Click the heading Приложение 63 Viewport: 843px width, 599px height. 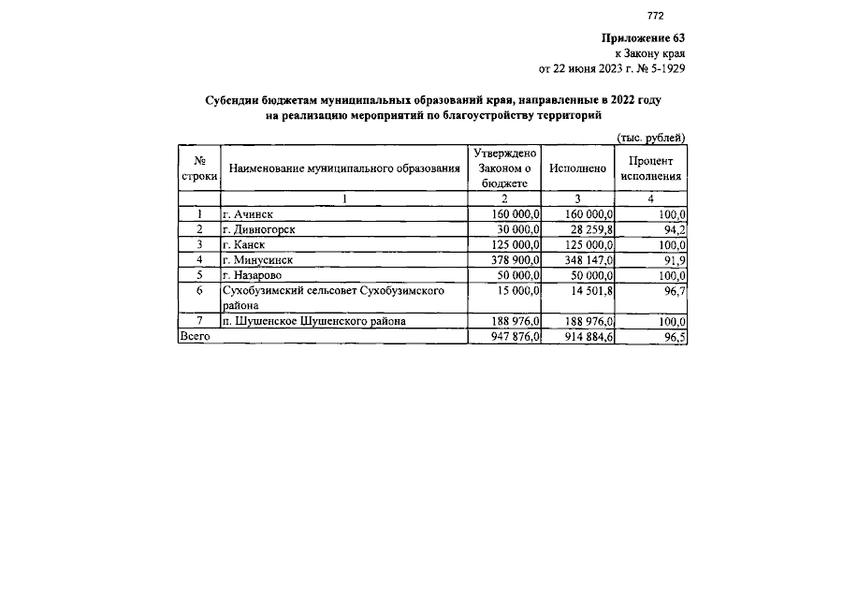click(643, 38)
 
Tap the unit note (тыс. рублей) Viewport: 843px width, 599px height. click(650, 137)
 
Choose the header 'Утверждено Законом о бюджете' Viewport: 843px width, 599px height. click(505, 168)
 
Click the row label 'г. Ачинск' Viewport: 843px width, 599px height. click(248, 214)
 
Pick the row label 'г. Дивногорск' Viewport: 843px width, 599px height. click(259, 229)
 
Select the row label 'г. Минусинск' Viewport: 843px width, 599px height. click(257, 259)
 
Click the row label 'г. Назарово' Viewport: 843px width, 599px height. click(252, 275)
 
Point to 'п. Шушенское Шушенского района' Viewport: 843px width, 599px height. click(314, 321)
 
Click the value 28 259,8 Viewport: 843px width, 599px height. click(588, 229)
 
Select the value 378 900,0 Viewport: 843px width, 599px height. click(516, 259)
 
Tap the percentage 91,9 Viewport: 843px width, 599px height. click(674, 259)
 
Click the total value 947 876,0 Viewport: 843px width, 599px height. click(516, 336)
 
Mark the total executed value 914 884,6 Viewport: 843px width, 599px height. click(588, 336)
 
